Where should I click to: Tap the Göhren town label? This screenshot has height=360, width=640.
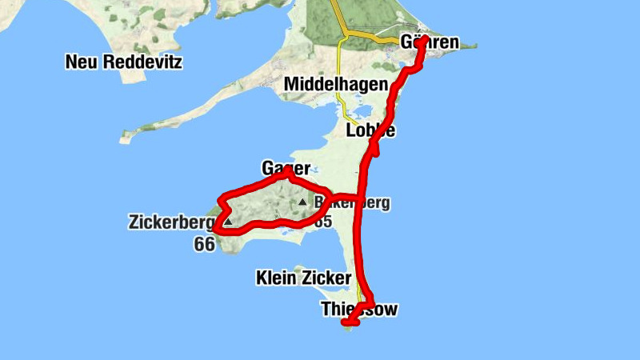click(x=430, y=42)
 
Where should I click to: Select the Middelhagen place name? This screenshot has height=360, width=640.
click(x=336, y=85)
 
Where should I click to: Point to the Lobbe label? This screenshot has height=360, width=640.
click(x=370, y=130)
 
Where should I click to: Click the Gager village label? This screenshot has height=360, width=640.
click(x=286, y=168)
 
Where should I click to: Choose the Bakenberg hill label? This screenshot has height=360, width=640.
click(x=352, y=202)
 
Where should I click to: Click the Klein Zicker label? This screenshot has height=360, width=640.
click(x=303, y=278)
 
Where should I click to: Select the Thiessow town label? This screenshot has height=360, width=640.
click(x=358, y=309)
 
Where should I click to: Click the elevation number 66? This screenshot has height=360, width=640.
click(x=204, y=245)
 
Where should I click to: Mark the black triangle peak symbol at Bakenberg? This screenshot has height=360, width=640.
click(x=302, y=202)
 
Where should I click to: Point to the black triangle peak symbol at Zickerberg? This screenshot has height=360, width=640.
click(x=228, y=222)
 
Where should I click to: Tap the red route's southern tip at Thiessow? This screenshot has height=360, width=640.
click(x=346, y=322)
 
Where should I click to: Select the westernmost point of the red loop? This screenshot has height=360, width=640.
click(x=214, y=233)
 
